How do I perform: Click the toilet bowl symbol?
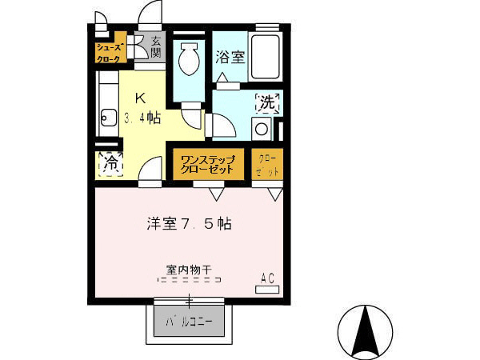(x=192, y=59)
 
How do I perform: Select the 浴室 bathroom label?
(x=230, y=57)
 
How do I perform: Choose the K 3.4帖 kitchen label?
(x=142, y=108)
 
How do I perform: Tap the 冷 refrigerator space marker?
(x=110, y=164)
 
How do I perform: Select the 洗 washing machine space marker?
(x=266, y=102)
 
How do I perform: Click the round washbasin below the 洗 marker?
(x=261, y=128)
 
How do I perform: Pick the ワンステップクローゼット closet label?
(x=207, y=164)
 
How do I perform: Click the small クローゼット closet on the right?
(x=267, y=165)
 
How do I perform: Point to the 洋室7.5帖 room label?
(x=189, y=224)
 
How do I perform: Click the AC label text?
(x=267, y=278)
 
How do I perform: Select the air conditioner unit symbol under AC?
(x=267, y=290)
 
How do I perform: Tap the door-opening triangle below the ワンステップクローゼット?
(x=216, y=194)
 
